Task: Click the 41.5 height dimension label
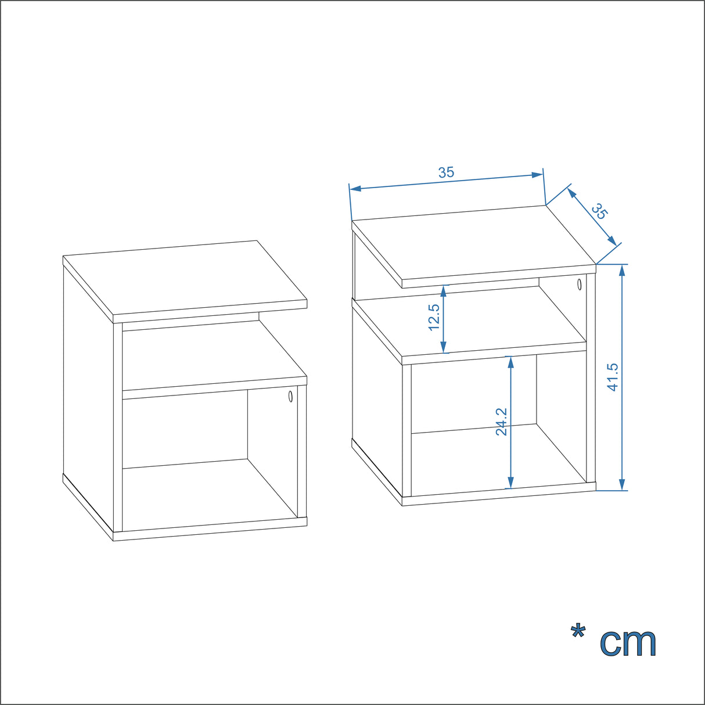tap(613, 377)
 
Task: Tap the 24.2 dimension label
tap(502, 421)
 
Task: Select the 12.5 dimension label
tap(434, 317)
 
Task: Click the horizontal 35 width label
tap(446, 172)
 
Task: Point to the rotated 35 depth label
tap(599, 211)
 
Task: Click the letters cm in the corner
tap(628, 642)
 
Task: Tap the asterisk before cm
tap(578, 632)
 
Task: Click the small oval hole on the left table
tap(290, 397)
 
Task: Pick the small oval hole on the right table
tap(579, 284)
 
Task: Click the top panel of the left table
tap(186, 279)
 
